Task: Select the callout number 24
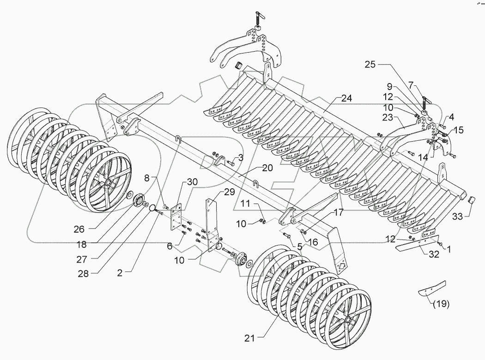pos(347,98)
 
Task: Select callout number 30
pos(192,181)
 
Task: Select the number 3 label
pos(240,158)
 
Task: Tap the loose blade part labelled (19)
pos(431,289)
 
